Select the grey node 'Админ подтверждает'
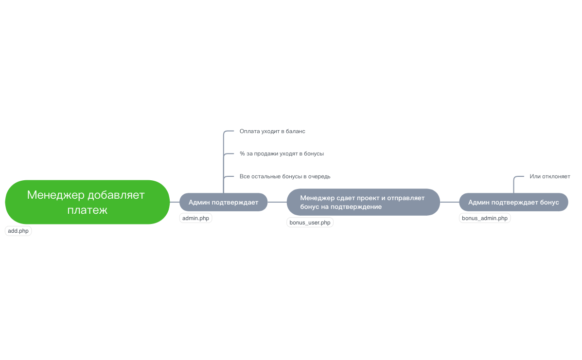pos(223,202)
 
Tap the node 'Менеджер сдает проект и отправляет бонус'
pos(363,202)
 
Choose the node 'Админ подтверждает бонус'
pos(513,202)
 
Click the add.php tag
pos(18,231)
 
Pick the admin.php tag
pos(195,218)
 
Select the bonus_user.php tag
pos(310,223)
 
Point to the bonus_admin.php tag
pos(485,218)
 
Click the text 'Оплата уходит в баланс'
pos(272,131)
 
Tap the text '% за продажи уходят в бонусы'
pos(282,154)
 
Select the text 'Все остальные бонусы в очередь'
pos(285,176)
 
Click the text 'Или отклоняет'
pos(550,176)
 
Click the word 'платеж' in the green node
pos(88,210)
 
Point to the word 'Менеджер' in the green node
pos(55,195)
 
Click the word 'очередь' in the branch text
pos(319,176)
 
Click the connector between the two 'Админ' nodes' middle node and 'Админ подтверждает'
pos(277,202)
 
